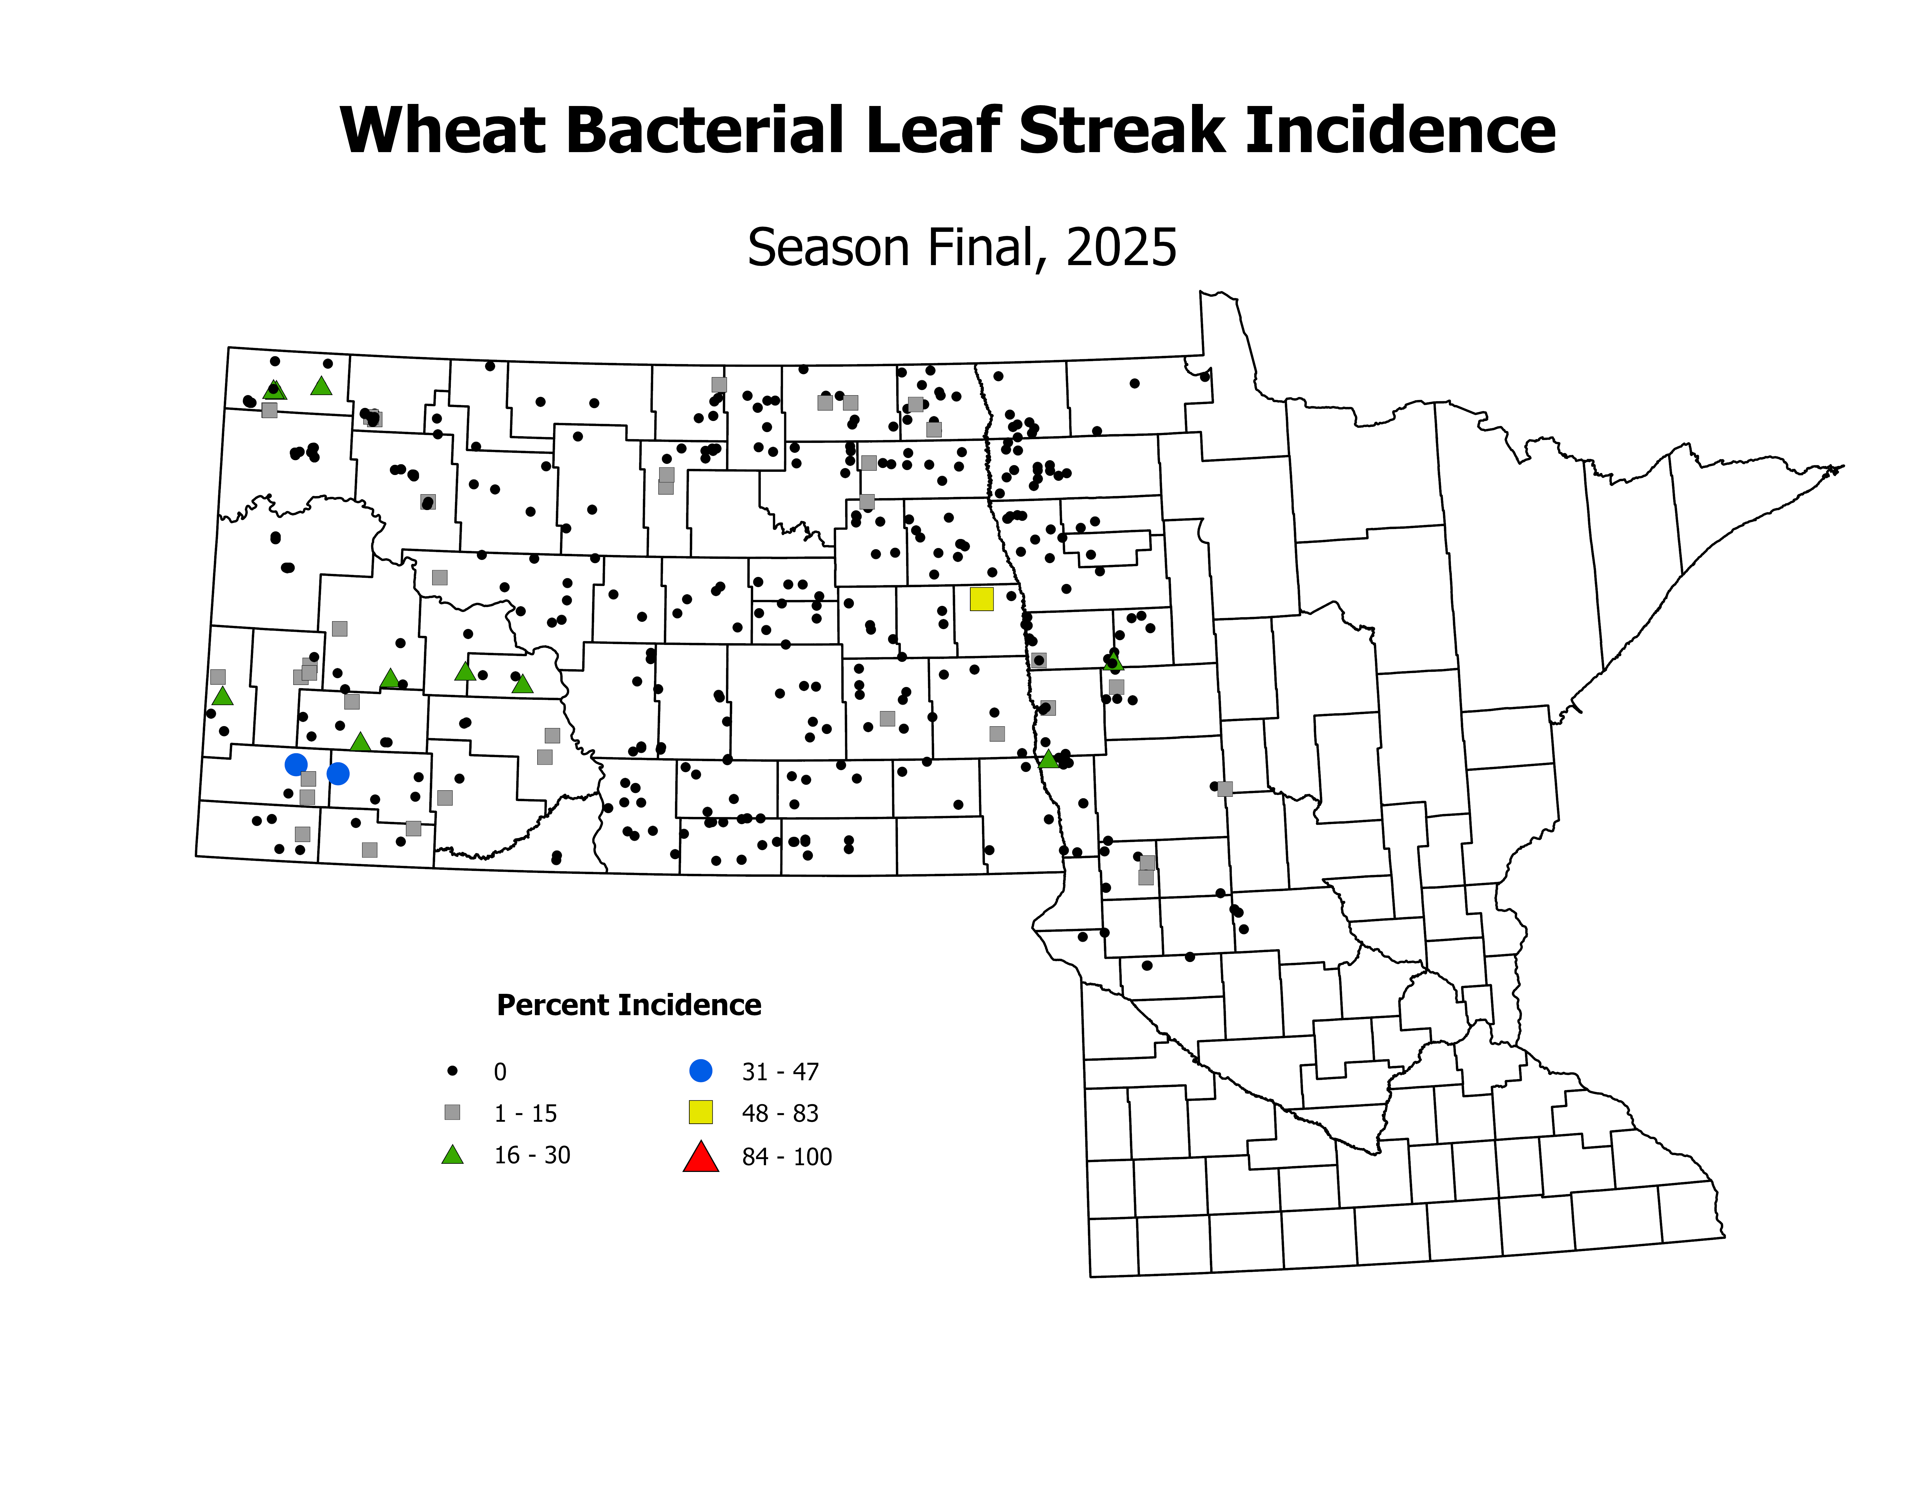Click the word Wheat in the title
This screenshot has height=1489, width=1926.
(443, 131)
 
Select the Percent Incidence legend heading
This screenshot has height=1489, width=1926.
(629, 1005)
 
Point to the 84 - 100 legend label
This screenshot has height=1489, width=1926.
(787, 1156)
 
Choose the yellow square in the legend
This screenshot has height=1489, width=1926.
(701, 1112)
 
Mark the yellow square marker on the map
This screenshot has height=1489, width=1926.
(981, 599)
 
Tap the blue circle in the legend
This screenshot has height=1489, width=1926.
(701, 1071)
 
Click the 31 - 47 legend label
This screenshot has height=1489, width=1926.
(780, 1072)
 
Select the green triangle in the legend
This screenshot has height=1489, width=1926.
(452, 1155)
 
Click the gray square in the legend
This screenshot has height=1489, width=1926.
(452, 1112)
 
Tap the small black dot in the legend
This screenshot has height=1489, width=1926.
(452, 1071)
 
